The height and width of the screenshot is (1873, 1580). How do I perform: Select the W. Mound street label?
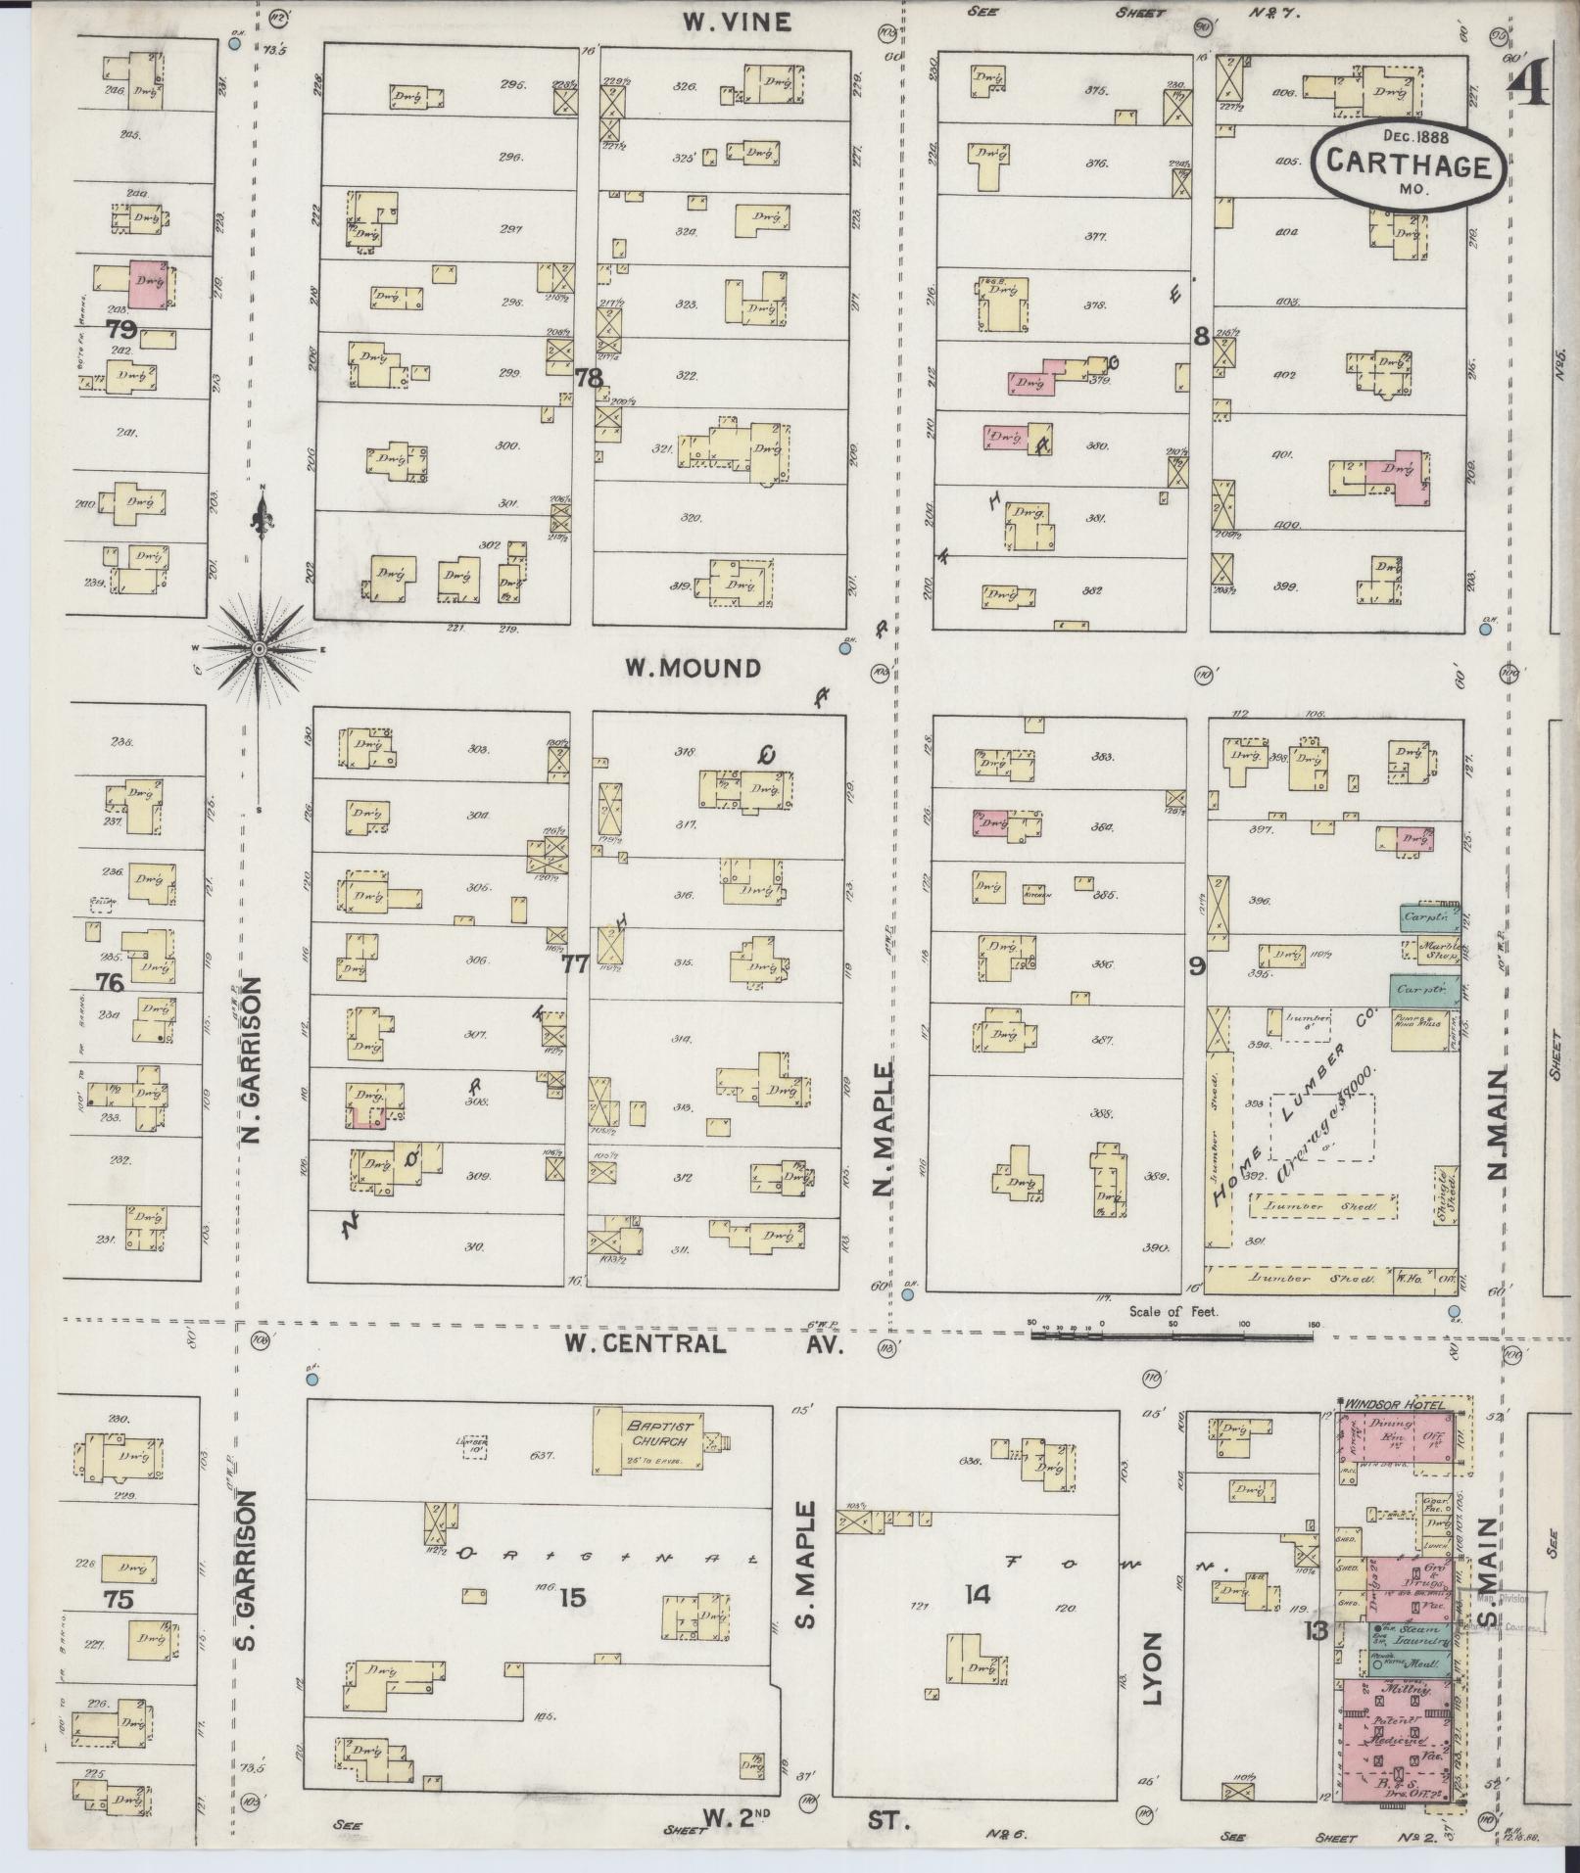pyautogui.click(x=693, y=668)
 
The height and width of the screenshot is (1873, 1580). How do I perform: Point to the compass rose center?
pyautogui.click(x=260, y=649)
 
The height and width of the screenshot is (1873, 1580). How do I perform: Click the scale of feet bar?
pyautogui.click(x=1171, y=1333)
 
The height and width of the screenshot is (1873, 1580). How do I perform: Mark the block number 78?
pyautogui.click(x=588, y=378)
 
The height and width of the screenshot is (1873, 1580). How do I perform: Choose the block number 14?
pyautogui.click(x=977, y=1595)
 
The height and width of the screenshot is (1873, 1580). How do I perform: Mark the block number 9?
pyautogui.click(x=1196, y=966)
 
